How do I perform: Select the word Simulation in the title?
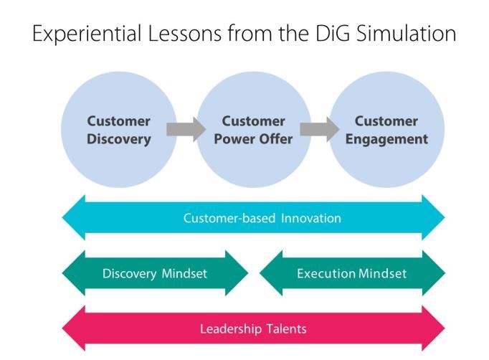point(406,33)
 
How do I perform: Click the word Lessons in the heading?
point(184,33)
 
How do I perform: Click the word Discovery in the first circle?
point(119,139)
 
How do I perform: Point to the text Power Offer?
point(253,139)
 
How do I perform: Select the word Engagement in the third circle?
point(386,139)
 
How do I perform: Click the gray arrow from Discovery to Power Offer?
point(186,129)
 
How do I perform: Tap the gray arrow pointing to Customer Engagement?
point(320,129)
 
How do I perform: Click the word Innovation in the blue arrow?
point(311,218)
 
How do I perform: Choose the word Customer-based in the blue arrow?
point(229,218)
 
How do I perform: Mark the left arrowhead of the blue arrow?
point(74,217)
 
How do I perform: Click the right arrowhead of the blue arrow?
point(434,217)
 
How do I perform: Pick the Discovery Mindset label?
point(155,274)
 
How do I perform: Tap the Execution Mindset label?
point(351,274)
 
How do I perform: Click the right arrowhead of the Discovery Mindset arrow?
point(237,273)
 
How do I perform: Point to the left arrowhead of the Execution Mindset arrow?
point(271,273)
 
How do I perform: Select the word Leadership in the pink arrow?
point(231,329)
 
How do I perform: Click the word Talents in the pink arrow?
point(286,328)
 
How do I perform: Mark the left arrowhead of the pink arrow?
point(74,328)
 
